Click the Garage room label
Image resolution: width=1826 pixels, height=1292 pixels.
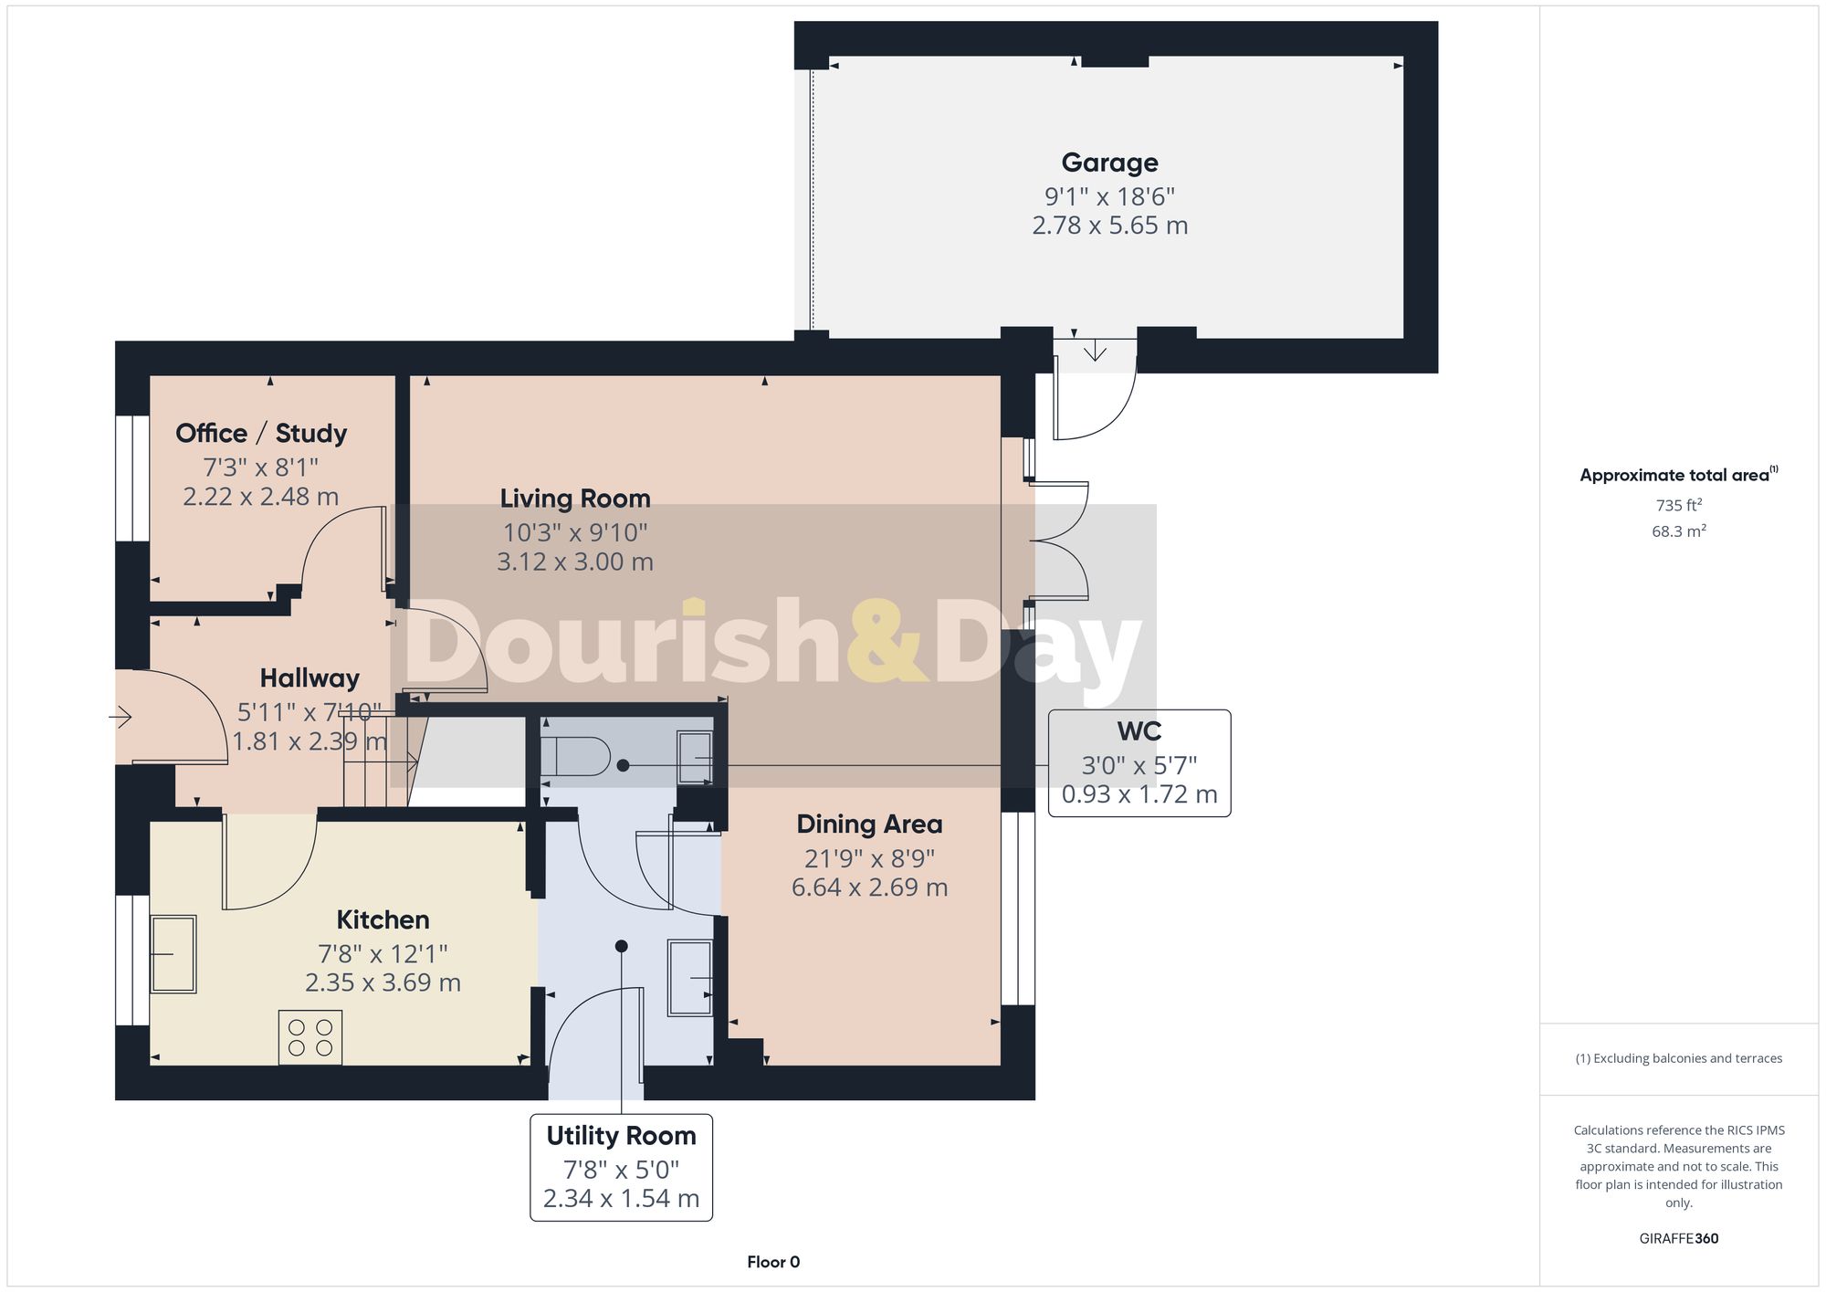click(x=1109, y=163)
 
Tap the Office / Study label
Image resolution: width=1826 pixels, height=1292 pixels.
click(x=261, y=433)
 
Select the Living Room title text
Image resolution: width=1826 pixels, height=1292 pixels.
click(x=575, y=499)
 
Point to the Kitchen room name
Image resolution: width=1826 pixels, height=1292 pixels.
click(x=383, y=919)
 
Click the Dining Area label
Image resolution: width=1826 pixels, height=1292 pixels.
click(x=869, y=825)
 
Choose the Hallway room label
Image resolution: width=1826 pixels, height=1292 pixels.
click(x=310, y=678)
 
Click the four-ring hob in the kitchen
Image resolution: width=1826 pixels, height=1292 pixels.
click(x=310, y=1037)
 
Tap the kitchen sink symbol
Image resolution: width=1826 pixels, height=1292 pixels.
click(x=173, y=954)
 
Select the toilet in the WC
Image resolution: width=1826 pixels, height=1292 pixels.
click(x=575, y=756)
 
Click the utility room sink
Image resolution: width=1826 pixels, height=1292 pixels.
click(x=691, y=978)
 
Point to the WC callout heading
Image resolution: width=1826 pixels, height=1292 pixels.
click(x=1139, y=731)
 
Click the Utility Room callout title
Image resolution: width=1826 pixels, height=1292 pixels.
click(x=621, y=1136)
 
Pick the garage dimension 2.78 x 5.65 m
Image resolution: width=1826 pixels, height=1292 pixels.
click(x=1109, y=226)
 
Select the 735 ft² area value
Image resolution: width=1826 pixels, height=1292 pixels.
click(x=1678, y=505)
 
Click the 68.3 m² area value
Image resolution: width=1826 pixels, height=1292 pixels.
click(x=1678, y=531)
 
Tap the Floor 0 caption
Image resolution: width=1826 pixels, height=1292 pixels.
click(x=773, y=1262)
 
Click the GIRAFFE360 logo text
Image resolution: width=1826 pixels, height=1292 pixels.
click(x=1678, y=1239)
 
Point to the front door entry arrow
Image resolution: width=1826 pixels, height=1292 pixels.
click(x=121, y=717)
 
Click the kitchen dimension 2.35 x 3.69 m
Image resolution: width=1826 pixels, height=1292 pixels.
click(x=383, y=983)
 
